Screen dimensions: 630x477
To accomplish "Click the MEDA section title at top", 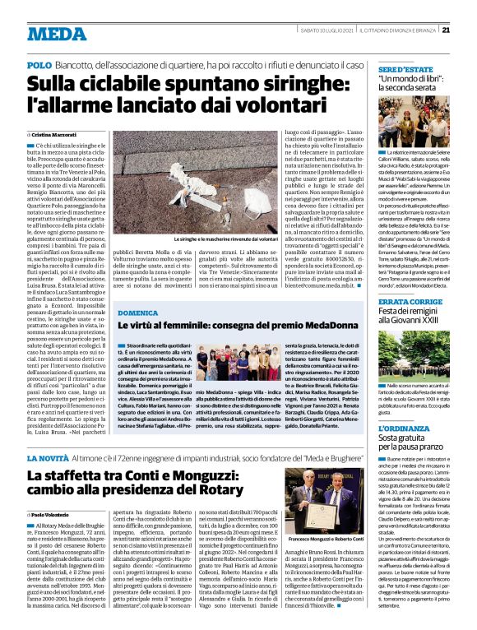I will [50, 34].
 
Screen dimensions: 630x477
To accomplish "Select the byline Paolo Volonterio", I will [55, 516].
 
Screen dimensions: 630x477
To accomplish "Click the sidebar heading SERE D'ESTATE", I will [401, 72].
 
